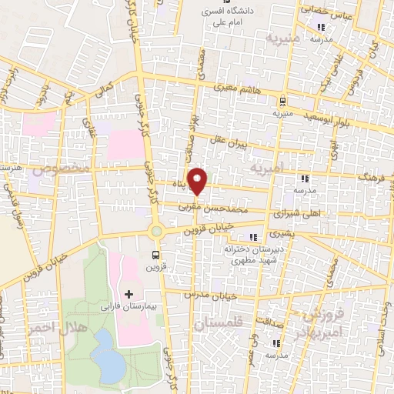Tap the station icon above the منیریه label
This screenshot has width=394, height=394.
(x=282, y=99)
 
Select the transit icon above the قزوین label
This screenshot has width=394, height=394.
(x=156, y=255)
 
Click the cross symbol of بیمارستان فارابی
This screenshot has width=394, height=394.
(x=129, y=294)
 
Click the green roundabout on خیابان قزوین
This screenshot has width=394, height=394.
(x=156, y=230)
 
